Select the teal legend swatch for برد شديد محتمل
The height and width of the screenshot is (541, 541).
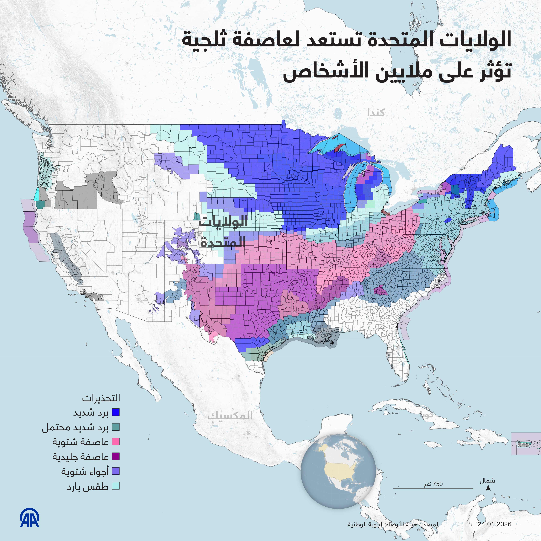[116, 427]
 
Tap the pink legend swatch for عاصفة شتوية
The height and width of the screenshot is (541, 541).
[116, 442]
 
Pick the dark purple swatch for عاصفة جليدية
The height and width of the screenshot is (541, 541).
[116, 456]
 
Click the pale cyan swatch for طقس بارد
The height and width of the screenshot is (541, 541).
[116, 486]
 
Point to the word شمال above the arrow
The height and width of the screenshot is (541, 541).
[487, 481]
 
